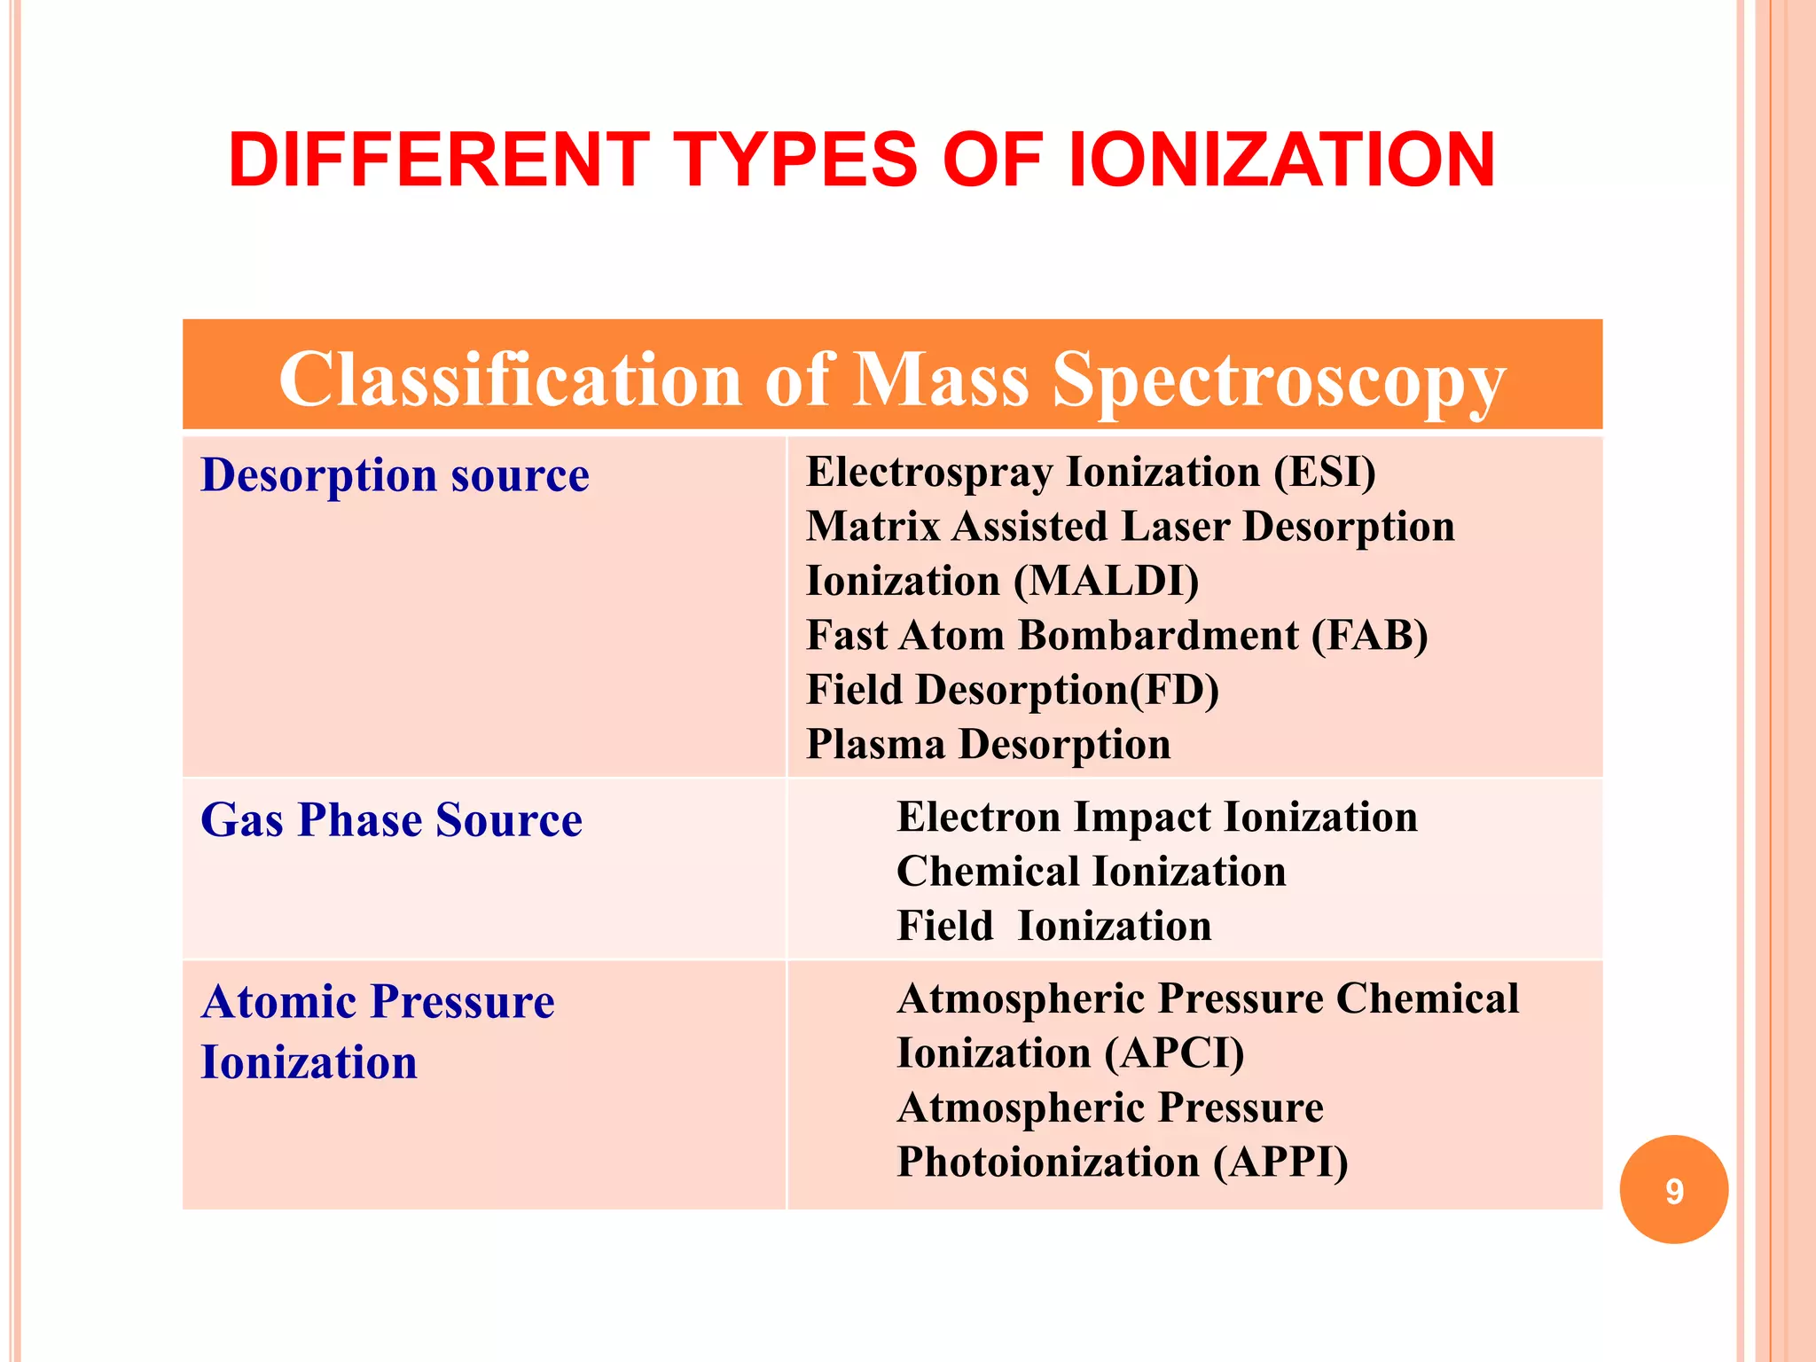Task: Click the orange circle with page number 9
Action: [x=1673, y=1189]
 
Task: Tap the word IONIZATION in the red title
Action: [x=1281, y=160]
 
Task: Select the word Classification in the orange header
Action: [x=510, y=380]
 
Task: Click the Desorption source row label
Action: [x=395, y=475]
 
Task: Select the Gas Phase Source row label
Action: [x=391, y=820]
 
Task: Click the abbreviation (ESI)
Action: [x=1325, y=472]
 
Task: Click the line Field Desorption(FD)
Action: [x=1012, y=690]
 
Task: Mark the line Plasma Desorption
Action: [x=988, y=745]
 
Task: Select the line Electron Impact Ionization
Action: [x=1156, y=818]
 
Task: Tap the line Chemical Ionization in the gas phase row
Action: [x=1091, y=872]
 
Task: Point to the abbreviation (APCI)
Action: [x=1174, y=1053]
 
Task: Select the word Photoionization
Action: [x=1048, y=1162]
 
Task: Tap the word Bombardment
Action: [x=1158, y=636]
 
